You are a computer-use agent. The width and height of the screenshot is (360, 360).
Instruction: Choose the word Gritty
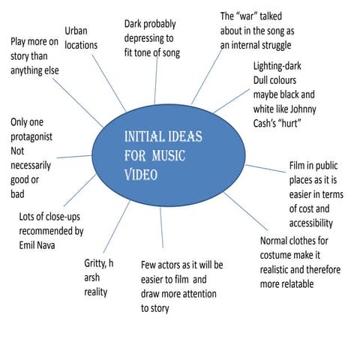pos(97,263)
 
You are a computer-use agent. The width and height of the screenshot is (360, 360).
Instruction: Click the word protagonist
pos(37,136)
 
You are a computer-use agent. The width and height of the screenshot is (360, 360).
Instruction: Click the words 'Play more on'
pos(33,41)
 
